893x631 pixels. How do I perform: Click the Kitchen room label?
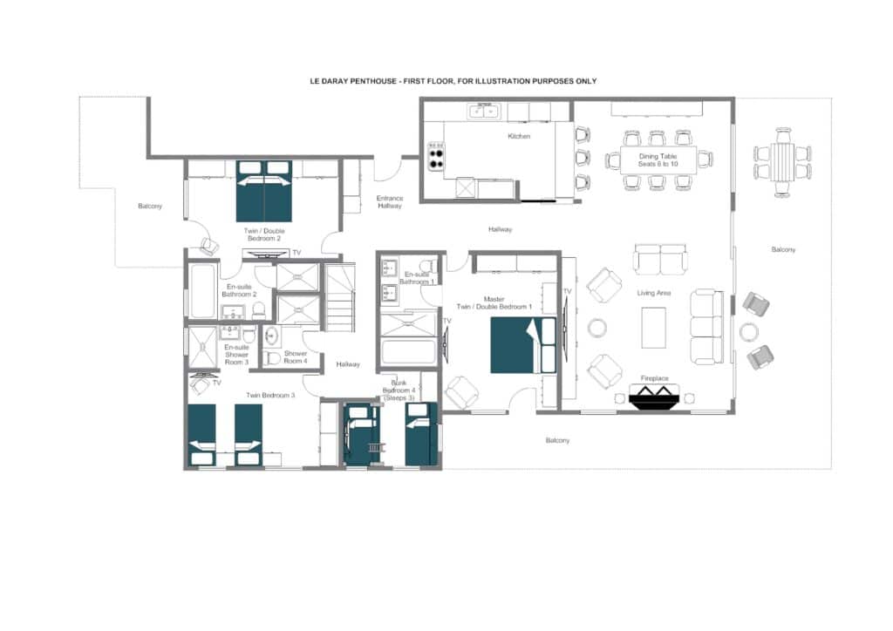519,136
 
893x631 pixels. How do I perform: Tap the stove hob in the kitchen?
436,157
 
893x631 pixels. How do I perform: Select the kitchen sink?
484,111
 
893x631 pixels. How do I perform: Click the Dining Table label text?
658,156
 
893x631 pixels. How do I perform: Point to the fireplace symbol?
654,394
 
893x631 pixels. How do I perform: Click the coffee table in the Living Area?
654,328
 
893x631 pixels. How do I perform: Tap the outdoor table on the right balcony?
782,162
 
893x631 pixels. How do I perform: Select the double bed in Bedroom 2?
264,191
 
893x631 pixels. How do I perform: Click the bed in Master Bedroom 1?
523,345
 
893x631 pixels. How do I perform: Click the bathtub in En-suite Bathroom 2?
202,291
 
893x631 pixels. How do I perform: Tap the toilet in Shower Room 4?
272,358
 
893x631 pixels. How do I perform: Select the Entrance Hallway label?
390,202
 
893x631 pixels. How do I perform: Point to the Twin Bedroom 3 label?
270,395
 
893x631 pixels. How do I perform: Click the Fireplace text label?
654,377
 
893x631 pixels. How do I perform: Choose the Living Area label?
654,293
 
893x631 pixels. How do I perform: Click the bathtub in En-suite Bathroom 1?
409,352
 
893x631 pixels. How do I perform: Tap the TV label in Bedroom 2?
297,253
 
